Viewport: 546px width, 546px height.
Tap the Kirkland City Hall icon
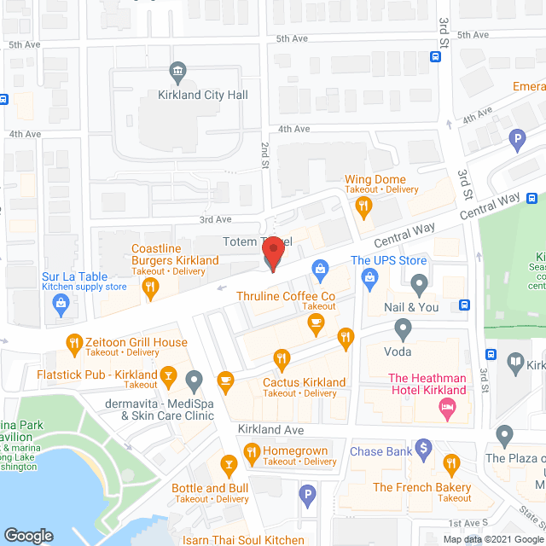coord(178,70)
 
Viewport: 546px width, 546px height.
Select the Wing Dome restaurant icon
coord(363,205)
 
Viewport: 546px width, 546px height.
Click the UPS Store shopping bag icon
coord(370,276)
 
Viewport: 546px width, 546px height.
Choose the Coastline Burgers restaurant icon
coord(150,288)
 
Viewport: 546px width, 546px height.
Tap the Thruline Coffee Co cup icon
coord(316,322)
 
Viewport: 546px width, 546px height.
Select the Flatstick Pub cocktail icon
coord(169,375)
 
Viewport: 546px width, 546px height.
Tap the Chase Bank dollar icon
coord(424,450)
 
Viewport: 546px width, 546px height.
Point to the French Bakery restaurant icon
coord(451,464)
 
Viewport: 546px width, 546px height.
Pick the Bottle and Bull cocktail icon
coord(229,465)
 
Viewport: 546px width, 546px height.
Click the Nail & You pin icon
coord(418,282)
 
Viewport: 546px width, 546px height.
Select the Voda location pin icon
coord(404,328)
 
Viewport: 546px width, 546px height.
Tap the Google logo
coord(27,535)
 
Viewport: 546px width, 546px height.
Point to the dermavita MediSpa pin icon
coord(195,379)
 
